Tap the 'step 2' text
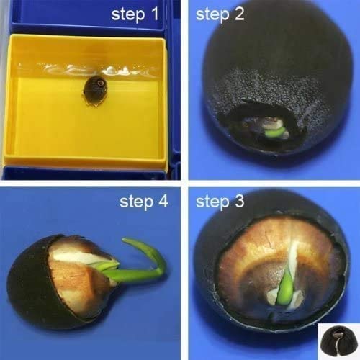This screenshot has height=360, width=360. pyautogui.click(x=220, y=15)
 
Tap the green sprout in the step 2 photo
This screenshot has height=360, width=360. pyautogui.click(x=274, y=132)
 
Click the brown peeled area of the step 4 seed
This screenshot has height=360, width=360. pyautogui.click(x=72, y=284)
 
